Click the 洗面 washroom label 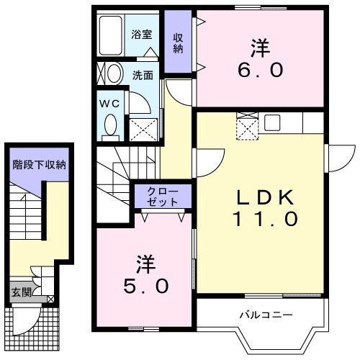[x=141, y=73]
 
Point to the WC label [x=109, y=103]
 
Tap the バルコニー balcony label [x=266, y=315]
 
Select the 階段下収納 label [x=40, y=165]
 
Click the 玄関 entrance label [x=20, y=293]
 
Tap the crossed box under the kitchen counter [x=247, y=129]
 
